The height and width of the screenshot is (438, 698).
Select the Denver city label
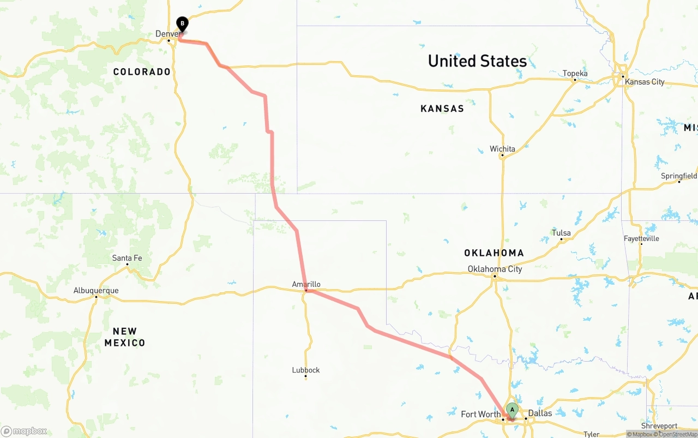coord(167,34)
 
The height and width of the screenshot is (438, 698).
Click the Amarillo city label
coord(306,284)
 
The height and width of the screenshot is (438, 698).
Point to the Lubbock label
coord(306,370)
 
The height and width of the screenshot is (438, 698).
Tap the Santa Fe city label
coord(127,258)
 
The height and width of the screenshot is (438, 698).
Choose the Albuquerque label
coord(96,291)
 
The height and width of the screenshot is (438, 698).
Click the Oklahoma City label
coord(495,269)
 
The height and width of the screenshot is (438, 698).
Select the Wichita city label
coord(502,149)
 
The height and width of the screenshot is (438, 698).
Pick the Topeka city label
coord(575,74)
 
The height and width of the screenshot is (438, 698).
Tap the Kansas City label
coord(645,82)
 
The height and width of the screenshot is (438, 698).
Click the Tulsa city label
coord(561,233)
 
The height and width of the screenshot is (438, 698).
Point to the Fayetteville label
coord(641,238)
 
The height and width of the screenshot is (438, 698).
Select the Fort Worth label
coord(480,414)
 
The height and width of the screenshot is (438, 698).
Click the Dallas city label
coord(540,413)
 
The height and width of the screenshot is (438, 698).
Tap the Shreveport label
coord(659,426)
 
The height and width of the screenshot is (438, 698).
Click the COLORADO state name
coord(142,72)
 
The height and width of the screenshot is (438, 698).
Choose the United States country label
coord(477,61)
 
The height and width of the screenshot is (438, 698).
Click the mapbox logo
coord(24,431)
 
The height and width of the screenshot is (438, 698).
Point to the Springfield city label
coord(678,176)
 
